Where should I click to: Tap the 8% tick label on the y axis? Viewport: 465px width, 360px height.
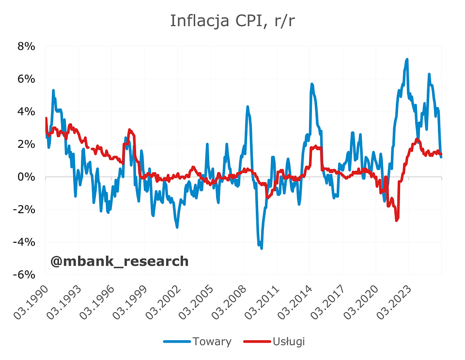26,47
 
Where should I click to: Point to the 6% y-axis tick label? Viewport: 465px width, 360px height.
26,79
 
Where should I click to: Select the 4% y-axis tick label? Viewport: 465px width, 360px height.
26,111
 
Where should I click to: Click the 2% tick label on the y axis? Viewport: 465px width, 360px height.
26,144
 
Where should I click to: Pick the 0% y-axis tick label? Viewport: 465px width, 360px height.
26,177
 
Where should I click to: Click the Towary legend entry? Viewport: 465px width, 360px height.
211,342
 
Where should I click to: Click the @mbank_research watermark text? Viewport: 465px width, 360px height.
119,262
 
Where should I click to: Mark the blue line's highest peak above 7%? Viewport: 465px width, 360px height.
407,60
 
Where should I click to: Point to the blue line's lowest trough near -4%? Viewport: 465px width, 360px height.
262,248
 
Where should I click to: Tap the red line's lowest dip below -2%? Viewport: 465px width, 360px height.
397,220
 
